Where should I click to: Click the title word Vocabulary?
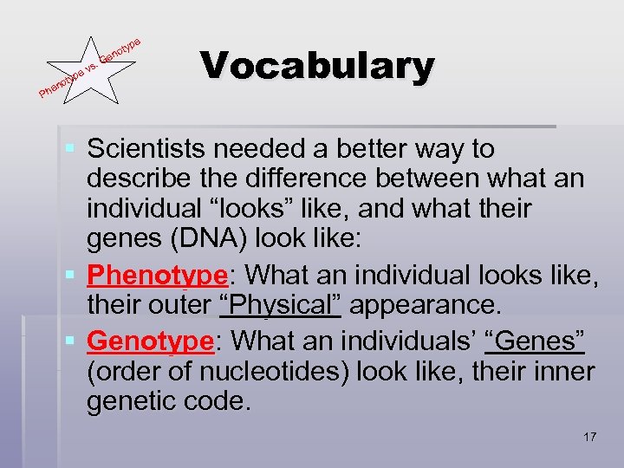(x=316, y=66)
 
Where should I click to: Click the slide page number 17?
(x=589, y=436)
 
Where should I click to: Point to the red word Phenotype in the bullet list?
(x=157, y=276)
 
